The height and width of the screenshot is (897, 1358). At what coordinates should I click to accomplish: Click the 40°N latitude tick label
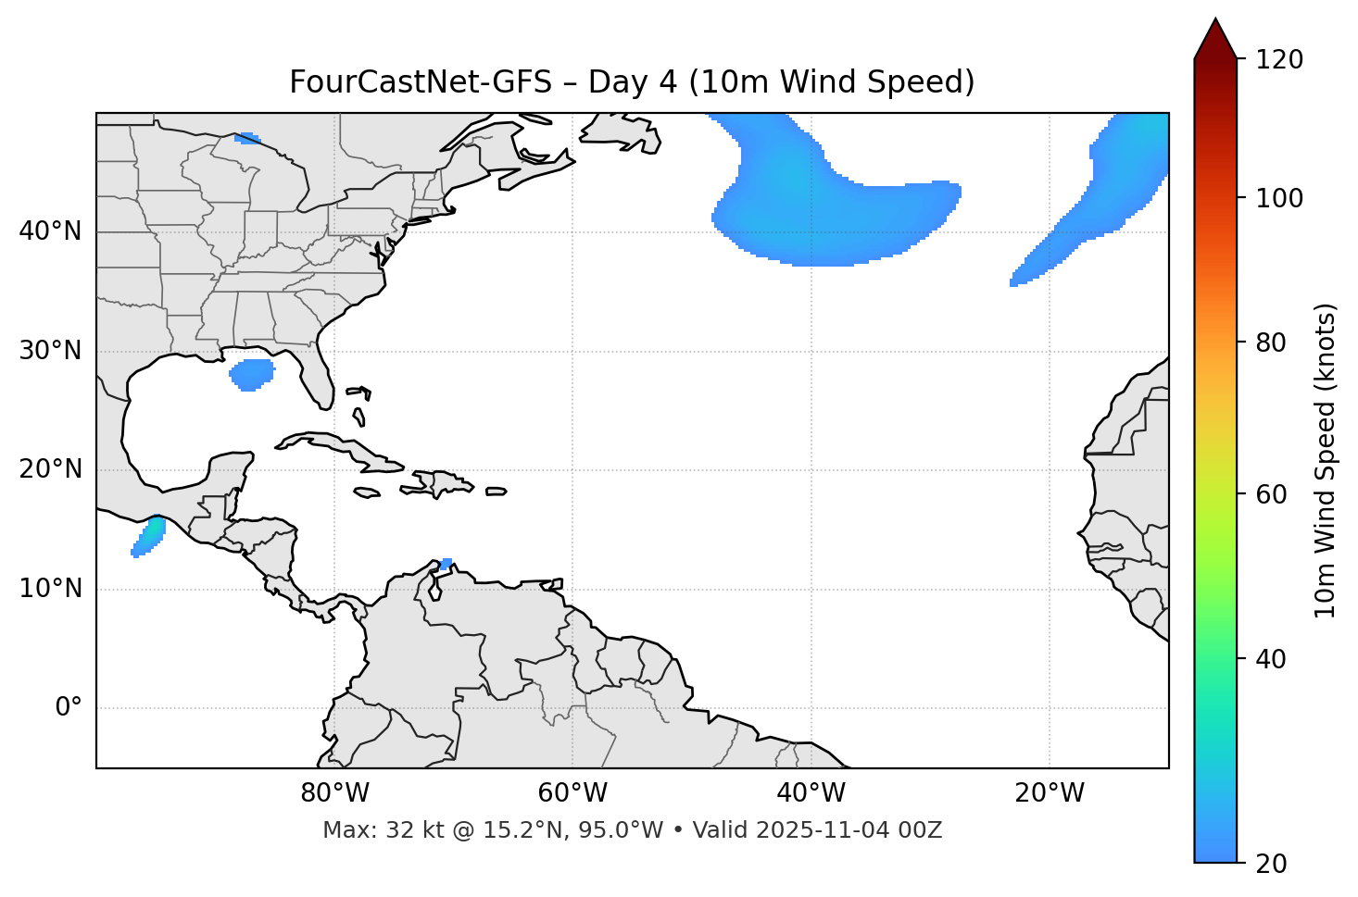50,231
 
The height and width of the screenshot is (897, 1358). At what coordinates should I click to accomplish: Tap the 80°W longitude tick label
334,793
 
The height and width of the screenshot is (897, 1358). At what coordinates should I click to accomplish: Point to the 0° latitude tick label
69,708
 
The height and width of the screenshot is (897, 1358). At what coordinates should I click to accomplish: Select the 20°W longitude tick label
1050,793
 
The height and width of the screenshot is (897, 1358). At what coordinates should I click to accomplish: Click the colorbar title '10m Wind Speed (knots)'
1326,460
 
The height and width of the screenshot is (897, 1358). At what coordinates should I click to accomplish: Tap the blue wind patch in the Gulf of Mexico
251,374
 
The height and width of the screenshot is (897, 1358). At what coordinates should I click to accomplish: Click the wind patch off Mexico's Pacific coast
149,536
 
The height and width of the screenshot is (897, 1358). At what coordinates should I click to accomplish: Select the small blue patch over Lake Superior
247,139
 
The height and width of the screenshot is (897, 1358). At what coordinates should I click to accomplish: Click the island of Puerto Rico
497,492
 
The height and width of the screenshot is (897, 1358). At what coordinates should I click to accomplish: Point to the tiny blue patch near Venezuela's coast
446,563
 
